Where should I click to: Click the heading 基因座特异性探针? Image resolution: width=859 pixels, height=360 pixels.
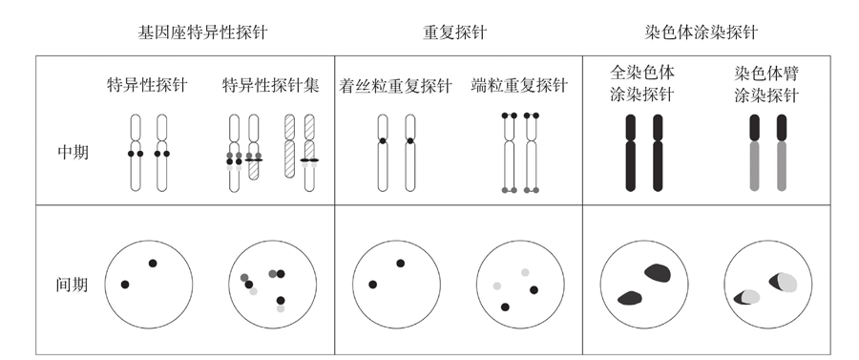pos(202,32)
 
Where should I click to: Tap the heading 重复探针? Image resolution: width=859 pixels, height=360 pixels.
pos(454,32)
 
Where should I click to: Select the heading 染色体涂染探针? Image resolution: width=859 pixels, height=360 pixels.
pos(702,32)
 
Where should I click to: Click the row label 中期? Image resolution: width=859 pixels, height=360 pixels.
pos(73,153)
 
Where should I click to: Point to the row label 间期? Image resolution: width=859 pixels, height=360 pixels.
pos(72,285)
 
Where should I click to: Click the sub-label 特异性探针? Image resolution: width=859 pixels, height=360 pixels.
pos(147,86)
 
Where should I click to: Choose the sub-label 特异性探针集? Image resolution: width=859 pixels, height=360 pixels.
pos(271,86)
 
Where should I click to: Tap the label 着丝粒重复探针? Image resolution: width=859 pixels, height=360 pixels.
pos(395,86)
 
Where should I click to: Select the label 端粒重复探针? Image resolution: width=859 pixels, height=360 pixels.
pos(519,86)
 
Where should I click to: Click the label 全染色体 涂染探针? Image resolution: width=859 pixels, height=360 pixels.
pos(642,83)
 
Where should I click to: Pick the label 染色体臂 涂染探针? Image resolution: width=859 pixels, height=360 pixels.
pos(766,84)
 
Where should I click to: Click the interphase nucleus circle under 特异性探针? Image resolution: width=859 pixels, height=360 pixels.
pos(149,285)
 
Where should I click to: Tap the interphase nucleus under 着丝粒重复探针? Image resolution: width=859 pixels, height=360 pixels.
pos(396,285)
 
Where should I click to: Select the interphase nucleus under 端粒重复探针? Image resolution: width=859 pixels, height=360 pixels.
pos(520,285)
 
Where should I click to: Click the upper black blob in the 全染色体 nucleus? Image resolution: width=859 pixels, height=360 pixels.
pos(658,272)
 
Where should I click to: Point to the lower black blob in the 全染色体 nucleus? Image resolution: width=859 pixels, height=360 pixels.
pos(630,298)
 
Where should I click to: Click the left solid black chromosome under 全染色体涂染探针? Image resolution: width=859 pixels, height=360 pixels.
pos(631,153)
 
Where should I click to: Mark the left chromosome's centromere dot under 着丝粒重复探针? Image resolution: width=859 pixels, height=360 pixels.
pos(383,140)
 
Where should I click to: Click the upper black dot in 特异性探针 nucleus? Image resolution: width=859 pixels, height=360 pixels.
pos(153,263)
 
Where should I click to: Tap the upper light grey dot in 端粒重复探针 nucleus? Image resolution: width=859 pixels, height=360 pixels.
pos(525,272)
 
